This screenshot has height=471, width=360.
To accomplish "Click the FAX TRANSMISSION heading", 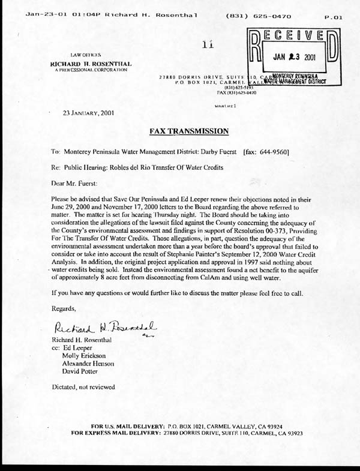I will tap(188, 130).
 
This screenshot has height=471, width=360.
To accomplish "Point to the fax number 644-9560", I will tap(277, 152).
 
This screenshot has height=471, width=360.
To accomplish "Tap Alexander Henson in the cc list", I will tap(88, 363).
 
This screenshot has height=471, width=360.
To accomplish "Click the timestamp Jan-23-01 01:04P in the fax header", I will tap(62, 17).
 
